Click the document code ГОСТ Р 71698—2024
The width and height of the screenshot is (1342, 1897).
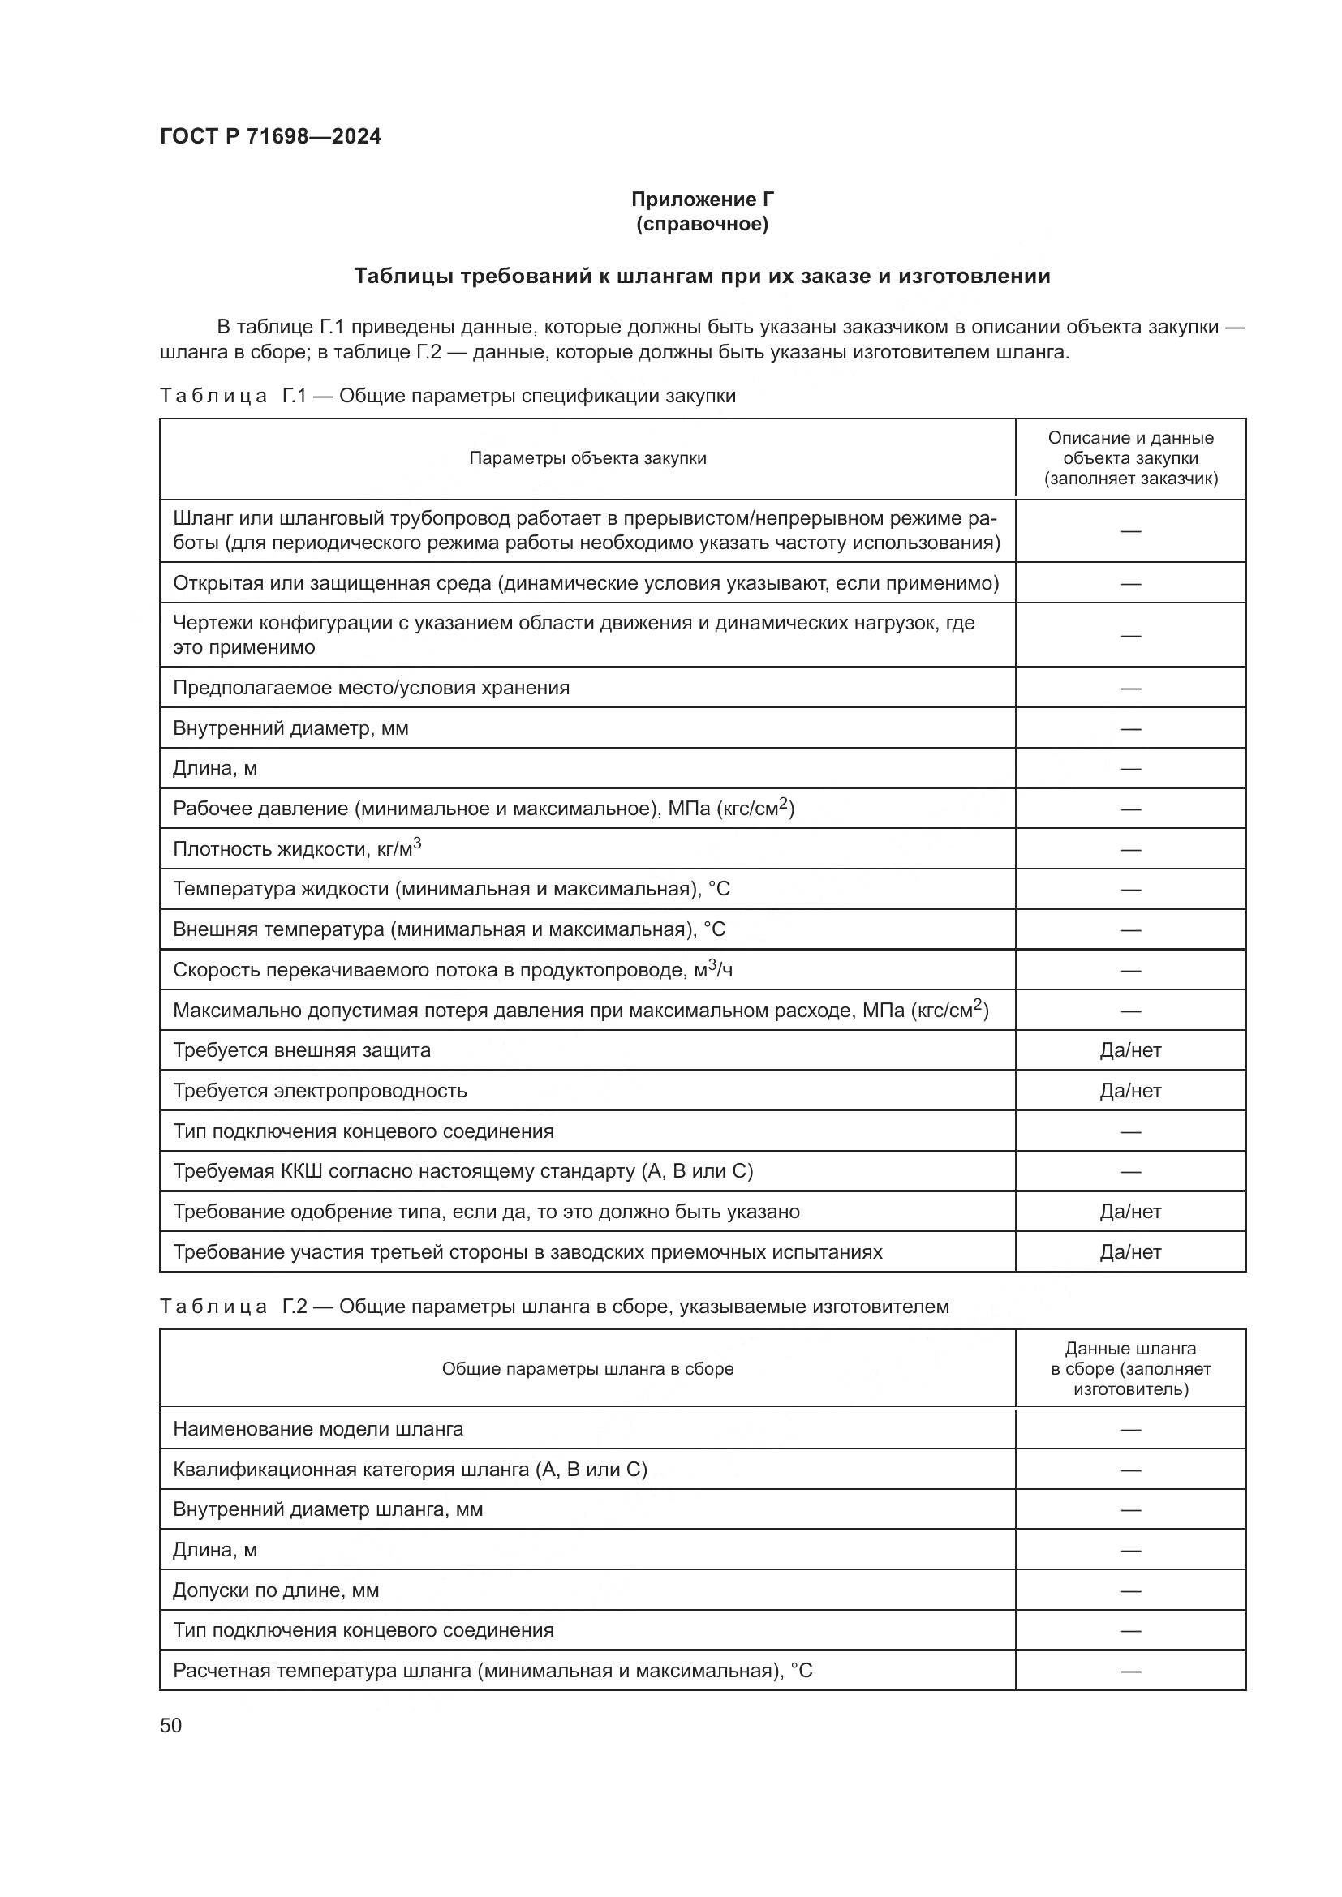click(x=270, y=137)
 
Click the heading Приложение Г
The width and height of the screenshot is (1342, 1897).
click(x=703, y=200)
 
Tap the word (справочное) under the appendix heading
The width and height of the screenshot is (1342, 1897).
click(x=703, y=225)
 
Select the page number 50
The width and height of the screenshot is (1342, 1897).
click(x=171, y=1725)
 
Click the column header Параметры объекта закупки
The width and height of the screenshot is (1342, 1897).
click(x=587, y=458)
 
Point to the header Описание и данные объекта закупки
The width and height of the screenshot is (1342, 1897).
click(x=1130, y=458)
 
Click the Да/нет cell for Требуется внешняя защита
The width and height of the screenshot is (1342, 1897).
click(x=1130, y=1050)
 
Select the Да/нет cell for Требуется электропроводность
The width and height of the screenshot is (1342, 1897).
click(x=1130, y=1091)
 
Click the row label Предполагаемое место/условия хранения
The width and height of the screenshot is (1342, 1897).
click(x=371, y=688)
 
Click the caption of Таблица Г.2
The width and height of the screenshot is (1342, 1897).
click(x=553, y=1307)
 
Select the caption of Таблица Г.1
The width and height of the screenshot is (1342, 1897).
click(x=447, y=396)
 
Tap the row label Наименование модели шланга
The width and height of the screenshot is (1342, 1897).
click(x=318, y=1428)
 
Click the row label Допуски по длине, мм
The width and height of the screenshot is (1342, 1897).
click(x=276, y=1590)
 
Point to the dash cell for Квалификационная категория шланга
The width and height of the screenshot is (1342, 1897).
click(x=1130, y=1470)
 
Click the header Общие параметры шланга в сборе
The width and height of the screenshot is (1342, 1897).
click(x=587, y=1369)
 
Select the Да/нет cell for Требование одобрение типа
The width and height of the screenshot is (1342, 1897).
click(x=1130, y=1211)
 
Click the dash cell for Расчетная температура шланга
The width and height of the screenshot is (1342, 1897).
click(x=1130, y=1671)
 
